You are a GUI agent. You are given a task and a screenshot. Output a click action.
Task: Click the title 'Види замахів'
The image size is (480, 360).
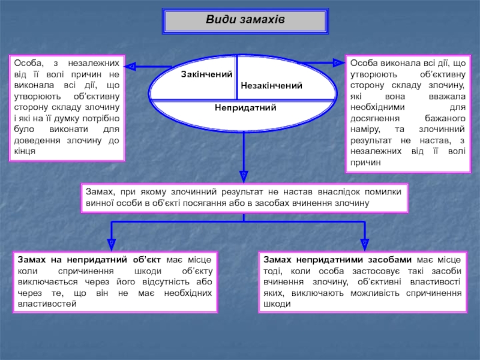pyautogui.click(x=245, y=20)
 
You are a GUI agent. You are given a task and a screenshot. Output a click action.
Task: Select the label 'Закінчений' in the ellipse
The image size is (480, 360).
pyautogui.click(x=206, y=74)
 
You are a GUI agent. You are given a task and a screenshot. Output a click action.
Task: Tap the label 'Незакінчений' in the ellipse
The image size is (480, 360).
pyautogui.click(x=271, y=86)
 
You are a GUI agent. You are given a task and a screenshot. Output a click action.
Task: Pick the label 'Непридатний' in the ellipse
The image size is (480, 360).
pyautogui.click(x=245, y=107)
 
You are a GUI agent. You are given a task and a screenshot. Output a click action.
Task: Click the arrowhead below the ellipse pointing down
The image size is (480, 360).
pyautogui.click(x=244, y=175)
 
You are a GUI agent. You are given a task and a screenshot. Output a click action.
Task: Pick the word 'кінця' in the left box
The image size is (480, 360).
pyautogui.click(x=25, y=151)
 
